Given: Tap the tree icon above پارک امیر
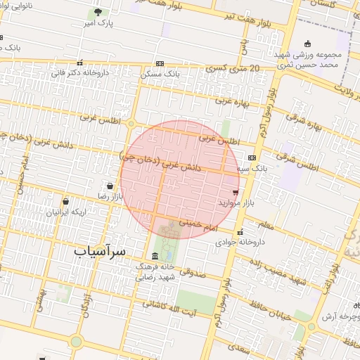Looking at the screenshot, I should coord(98,12).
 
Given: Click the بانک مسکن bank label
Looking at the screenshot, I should coord(160,73).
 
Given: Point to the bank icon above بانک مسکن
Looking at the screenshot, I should coord(160,63).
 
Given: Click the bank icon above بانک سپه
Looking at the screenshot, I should coord(251,157).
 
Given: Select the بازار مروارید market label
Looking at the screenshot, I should coord(233,202).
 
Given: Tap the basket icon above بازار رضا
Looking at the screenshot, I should coord(110,186).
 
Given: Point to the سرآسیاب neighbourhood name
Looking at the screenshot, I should coord(98,250).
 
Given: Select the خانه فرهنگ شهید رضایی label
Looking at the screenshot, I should coord(155,272).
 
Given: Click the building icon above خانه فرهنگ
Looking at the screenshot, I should coord(155,255).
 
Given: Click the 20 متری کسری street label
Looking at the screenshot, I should coord(232,68).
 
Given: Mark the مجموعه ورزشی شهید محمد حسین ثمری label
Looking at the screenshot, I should coord(316,60).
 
